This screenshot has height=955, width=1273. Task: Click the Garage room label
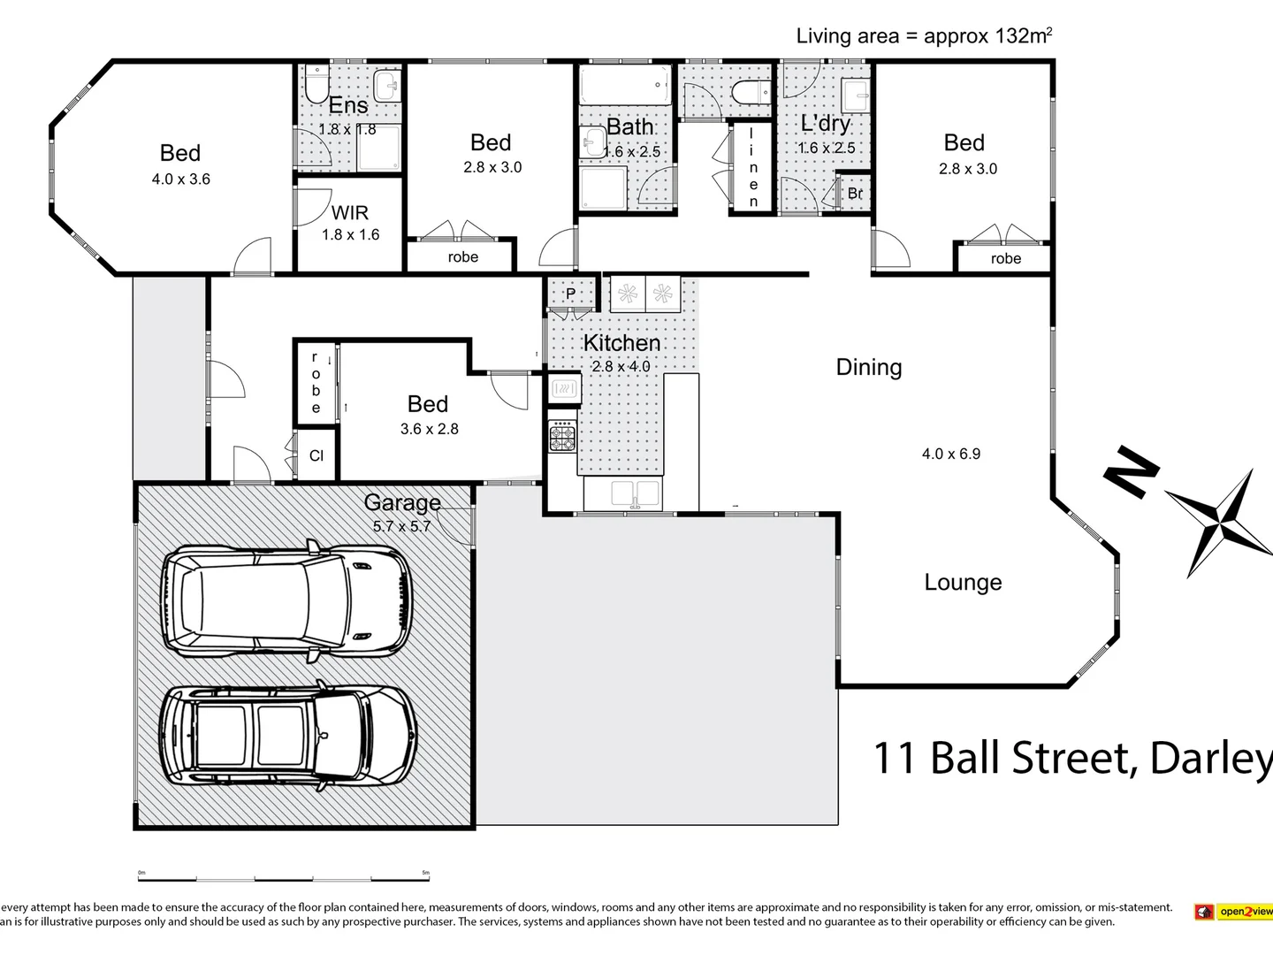coord(402,502)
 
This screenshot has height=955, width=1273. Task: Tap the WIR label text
coord(350,213)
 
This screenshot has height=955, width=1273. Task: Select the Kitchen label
coord(621,343)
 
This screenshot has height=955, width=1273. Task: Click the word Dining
coord(869,367)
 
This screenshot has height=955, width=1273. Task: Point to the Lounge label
coord(963,582)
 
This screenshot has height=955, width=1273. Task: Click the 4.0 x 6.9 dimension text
coord(951,454)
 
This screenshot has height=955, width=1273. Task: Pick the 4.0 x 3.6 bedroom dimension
coord(180,179)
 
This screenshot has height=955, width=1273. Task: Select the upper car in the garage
coord(286,599)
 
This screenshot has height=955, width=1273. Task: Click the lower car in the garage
coord(288,736)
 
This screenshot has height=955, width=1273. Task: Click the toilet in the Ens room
coord(316,85)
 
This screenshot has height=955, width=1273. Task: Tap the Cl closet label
coord(316,455)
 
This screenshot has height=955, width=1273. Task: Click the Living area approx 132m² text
coord(924,36)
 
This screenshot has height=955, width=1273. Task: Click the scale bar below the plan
coord(283,879)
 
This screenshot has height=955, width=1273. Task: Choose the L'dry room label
coord(825,124)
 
